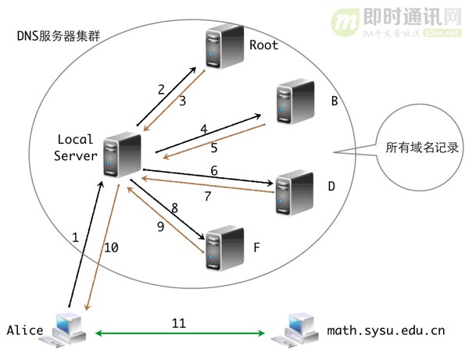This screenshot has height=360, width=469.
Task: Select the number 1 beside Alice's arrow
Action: (76, 238)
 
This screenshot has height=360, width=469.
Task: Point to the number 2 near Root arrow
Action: (162, 89)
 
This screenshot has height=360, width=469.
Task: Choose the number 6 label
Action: (213, 171)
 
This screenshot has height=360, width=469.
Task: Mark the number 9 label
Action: (160, 226)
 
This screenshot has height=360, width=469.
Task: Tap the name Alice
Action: (24, 331)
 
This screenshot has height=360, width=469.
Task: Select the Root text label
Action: (263, 45)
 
